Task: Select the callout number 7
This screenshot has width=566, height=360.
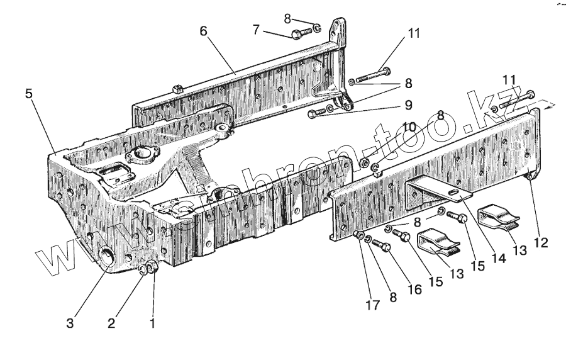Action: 256,30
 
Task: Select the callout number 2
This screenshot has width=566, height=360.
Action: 111,324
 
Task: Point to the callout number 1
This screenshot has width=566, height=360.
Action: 151,324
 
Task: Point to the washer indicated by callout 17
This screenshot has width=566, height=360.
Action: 359,237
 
